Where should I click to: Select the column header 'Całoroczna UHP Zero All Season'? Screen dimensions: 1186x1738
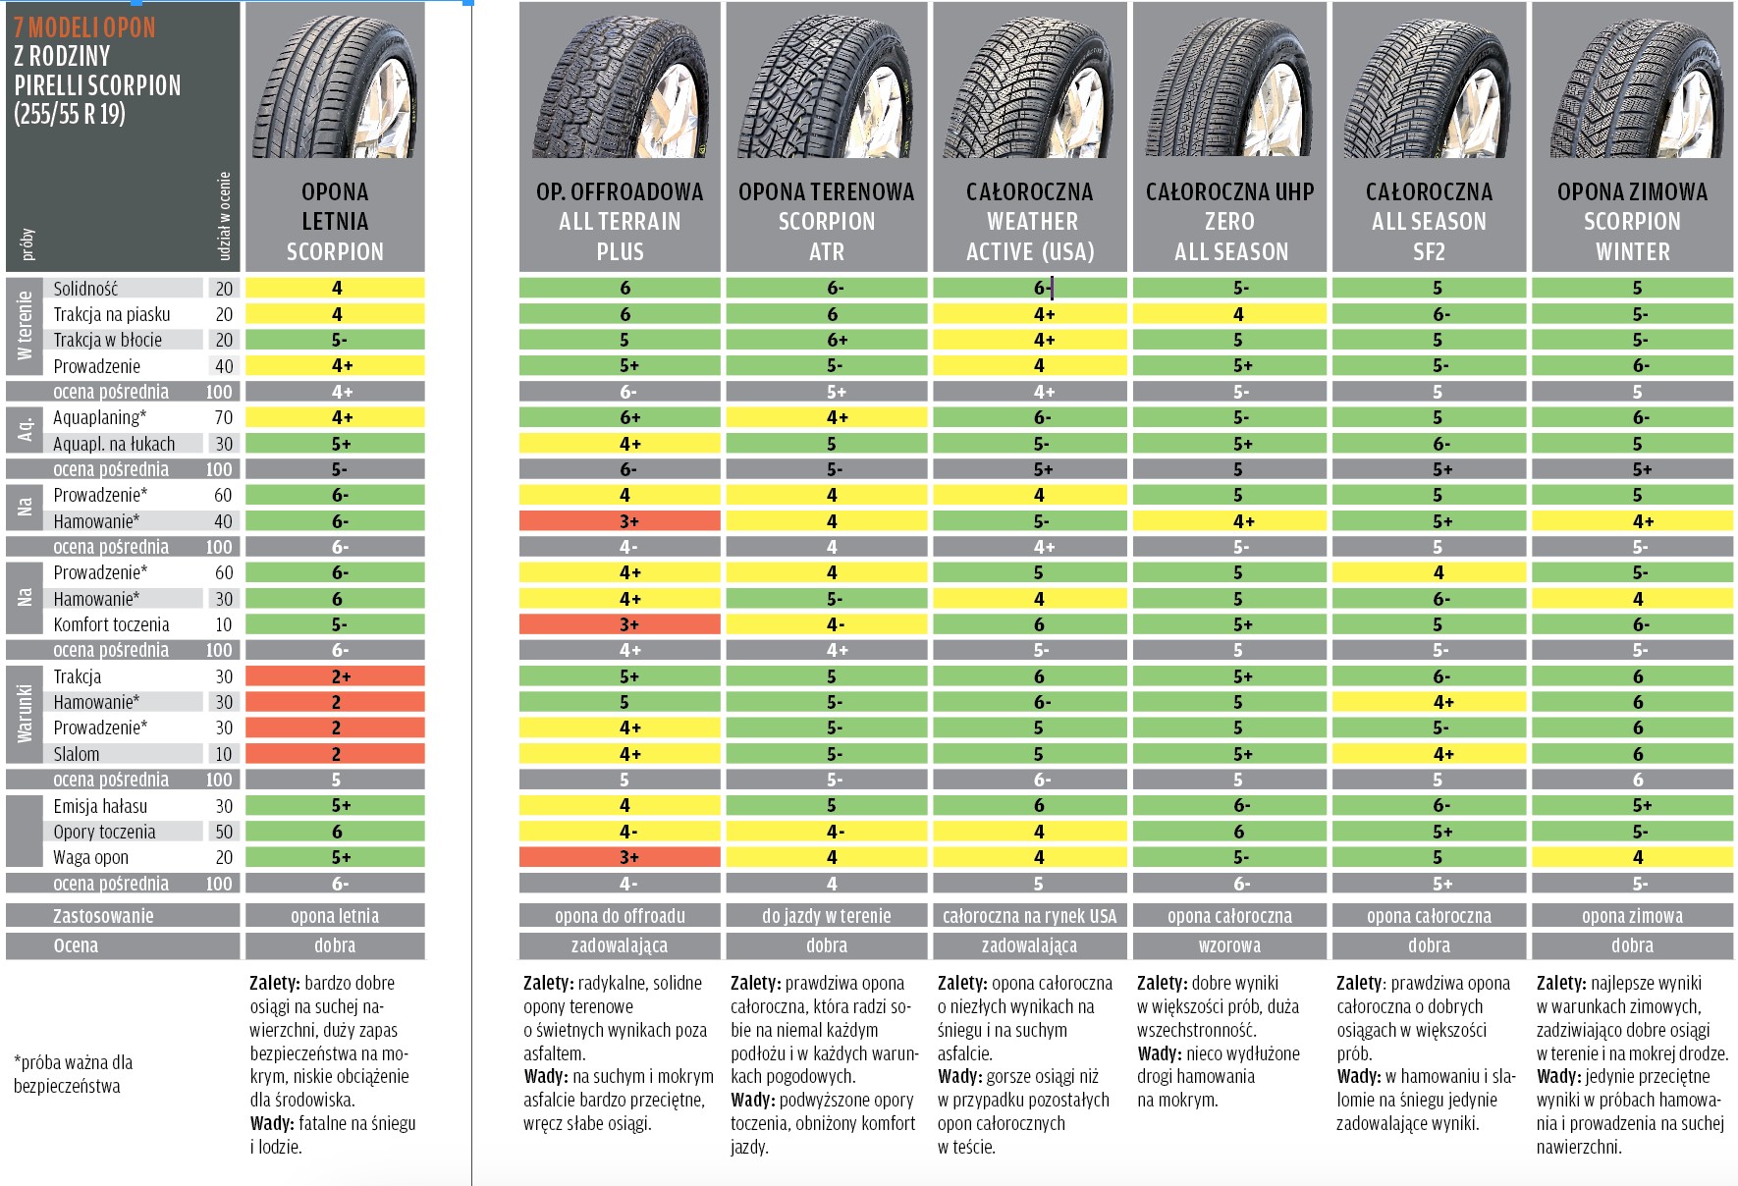(x=1230, y=222)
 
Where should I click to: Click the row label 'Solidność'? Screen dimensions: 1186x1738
(x=85, y=289)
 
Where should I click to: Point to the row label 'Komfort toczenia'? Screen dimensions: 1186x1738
(x=111, y=624)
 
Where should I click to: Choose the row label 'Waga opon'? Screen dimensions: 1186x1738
(x=90, y=857)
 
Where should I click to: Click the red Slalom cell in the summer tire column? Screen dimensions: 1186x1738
(x=335, y=754)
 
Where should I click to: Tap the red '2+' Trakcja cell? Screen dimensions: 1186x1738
(x=335, y=676)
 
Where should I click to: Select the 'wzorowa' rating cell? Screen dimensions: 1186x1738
(x=1230, y=945)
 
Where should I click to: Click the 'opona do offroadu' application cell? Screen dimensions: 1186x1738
(x=620, y=916)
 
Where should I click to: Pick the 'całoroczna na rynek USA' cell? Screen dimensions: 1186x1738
(x=1029, y=916)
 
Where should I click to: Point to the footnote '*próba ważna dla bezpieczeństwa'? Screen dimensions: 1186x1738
(x=73, y=1074)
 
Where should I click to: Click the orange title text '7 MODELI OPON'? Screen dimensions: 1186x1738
(x=84, y=27)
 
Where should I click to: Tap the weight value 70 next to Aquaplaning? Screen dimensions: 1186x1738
(x=224, y=417)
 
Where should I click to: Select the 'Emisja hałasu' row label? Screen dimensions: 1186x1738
(x=100, y=806)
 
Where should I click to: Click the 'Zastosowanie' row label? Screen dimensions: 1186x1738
(x=103, y=916)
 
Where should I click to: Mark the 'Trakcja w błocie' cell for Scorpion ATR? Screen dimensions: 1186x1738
(x=827, y=340)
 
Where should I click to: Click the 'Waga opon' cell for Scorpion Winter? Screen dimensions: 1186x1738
(x=1632, y=857)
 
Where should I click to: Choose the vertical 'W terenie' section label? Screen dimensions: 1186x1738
(x=25, y=326)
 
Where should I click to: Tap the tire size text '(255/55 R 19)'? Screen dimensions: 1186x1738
(x=70, y=114)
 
